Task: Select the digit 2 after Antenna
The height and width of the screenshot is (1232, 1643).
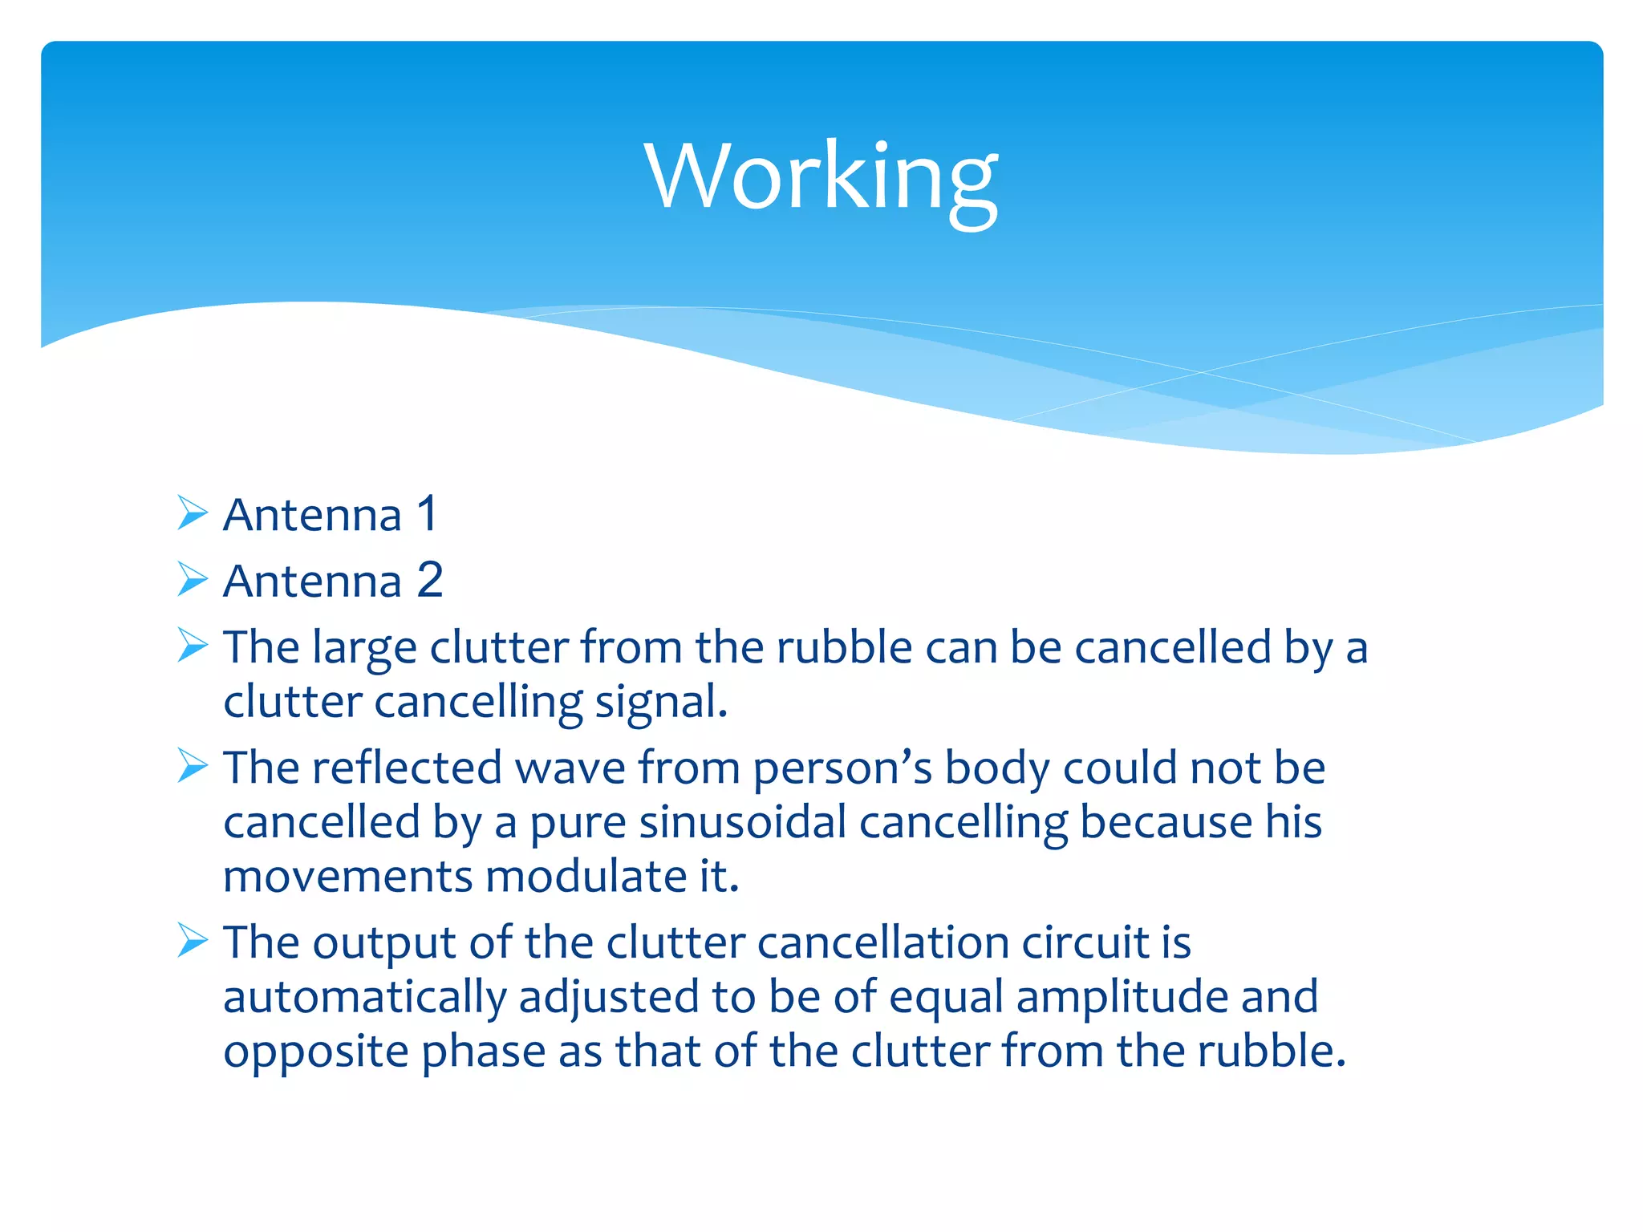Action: [x=430, y=580]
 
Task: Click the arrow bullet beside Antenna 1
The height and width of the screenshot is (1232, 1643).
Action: [x=193, y=513]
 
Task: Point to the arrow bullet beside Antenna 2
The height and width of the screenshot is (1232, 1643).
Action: [x=193, y=579]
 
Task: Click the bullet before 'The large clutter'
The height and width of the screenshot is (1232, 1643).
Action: [x=193, y=645]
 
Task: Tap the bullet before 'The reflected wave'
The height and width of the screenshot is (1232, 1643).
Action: [x=193, y=766]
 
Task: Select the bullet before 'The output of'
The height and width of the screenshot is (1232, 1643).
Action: [x=193, y=940]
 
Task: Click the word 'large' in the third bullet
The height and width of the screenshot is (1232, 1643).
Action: [x=364, y=649]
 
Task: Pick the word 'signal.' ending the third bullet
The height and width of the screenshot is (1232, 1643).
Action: [x=660, y=703]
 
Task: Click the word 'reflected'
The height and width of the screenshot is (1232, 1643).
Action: [x=407, y=768]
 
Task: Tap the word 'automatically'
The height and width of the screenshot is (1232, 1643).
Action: [x=365, y=999]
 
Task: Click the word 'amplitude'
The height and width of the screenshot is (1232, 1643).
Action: [x=1122, y=999]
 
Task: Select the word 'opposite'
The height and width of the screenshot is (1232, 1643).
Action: [x=316, y=1053]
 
